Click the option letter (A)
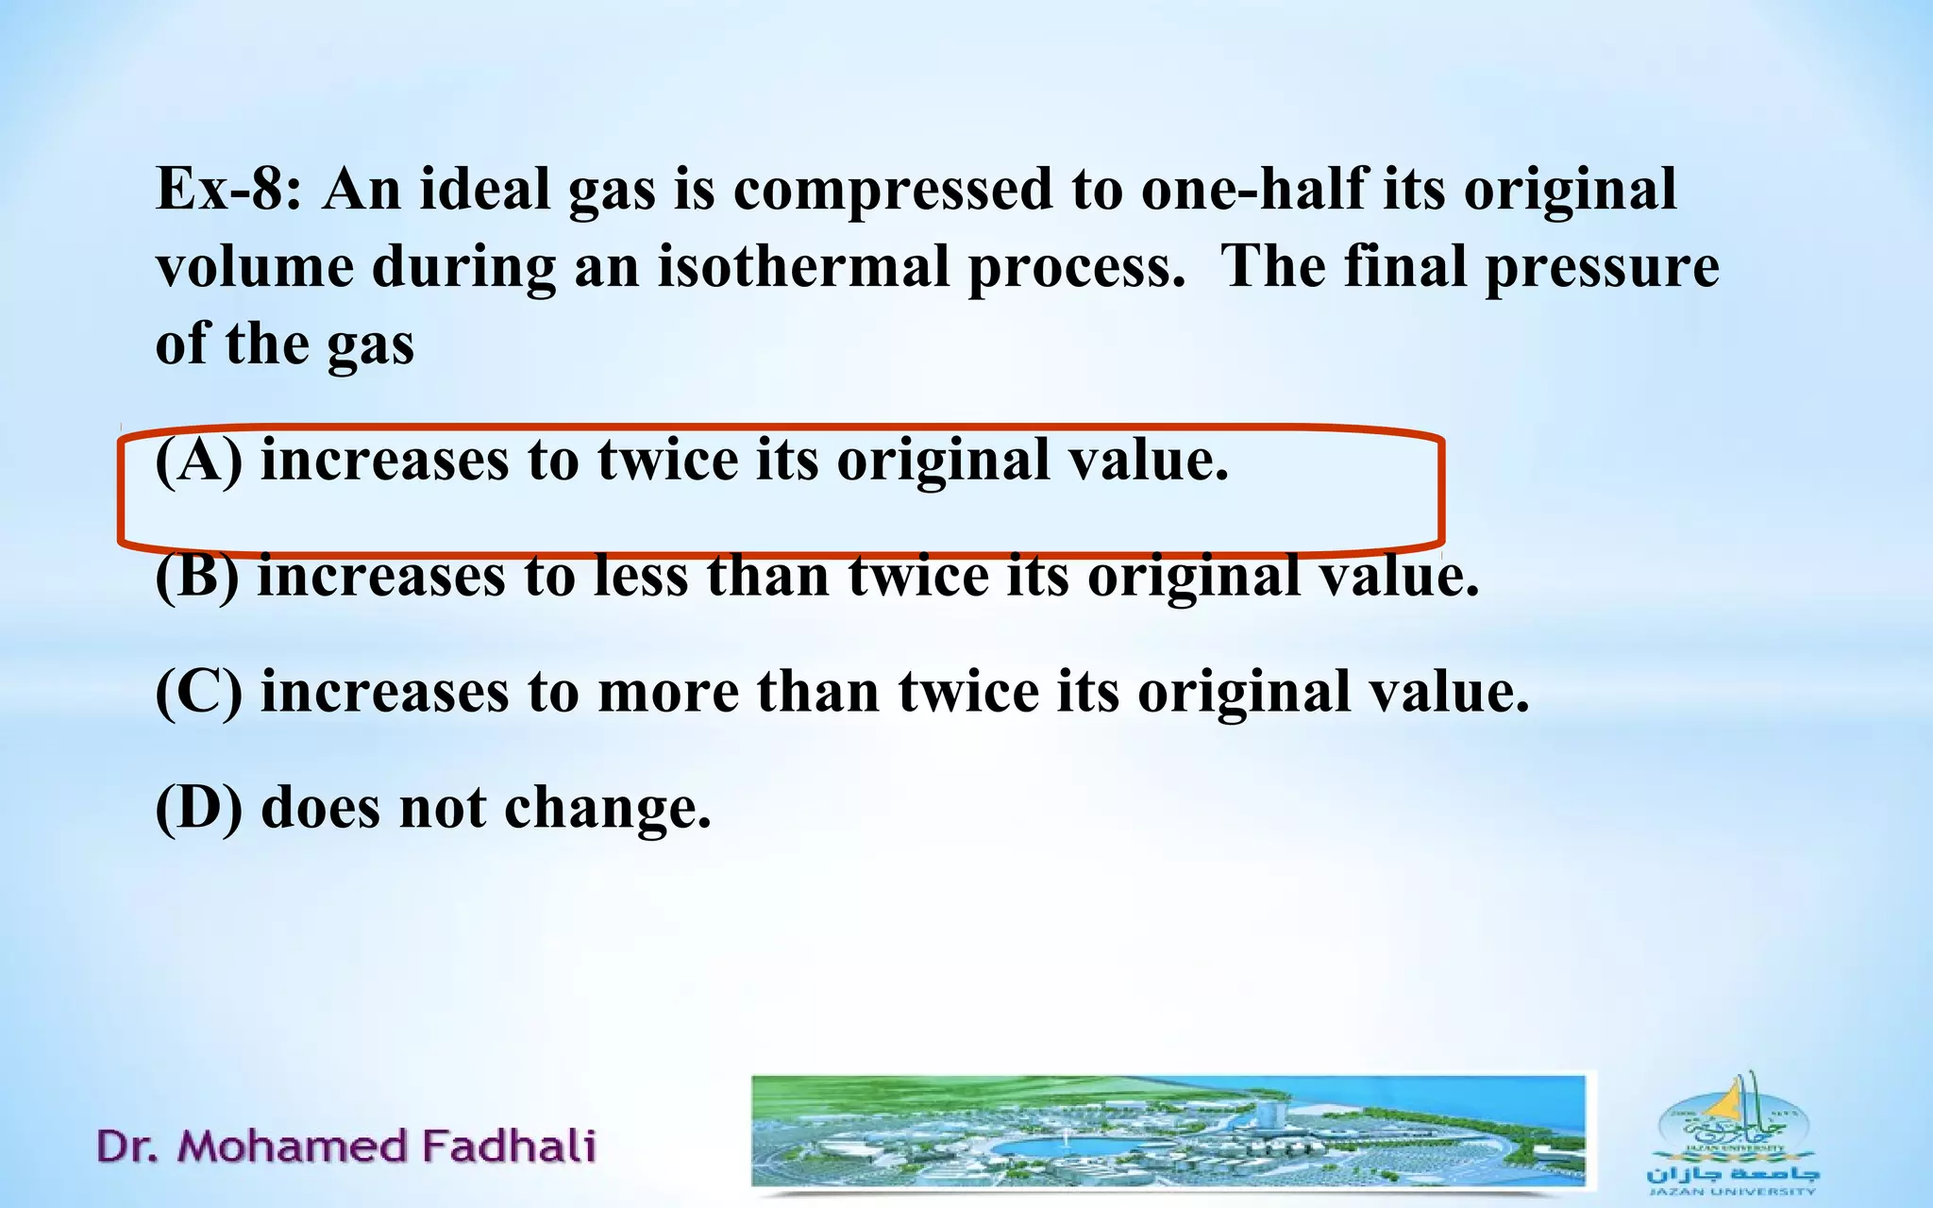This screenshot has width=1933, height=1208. pyautogui.click(x=198, y=461)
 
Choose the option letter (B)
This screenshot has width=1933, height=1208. pyautogui.click(x=196, y=577)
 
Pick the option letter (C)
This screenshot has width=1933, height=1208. pyautogui.click(x=198, y=693)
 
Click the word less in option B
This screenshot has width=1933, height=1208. pyautogui.click(x=641, y=577)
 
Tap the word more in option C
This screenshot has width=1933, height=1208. pyautogui.click(x=668, y=693)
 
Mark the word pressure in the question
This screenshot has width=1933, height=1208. pyautogui.click(x=1602, y=268)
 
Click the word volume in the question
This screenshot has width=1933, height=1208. pyautogui.click(x=255, y=266)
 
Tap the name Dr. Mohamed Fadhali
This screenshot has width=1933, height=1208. pyautogui.click(x=346, y=1147)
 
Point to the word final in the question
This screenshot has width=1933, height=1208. pyautogui.click(x=1405, y=266)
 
